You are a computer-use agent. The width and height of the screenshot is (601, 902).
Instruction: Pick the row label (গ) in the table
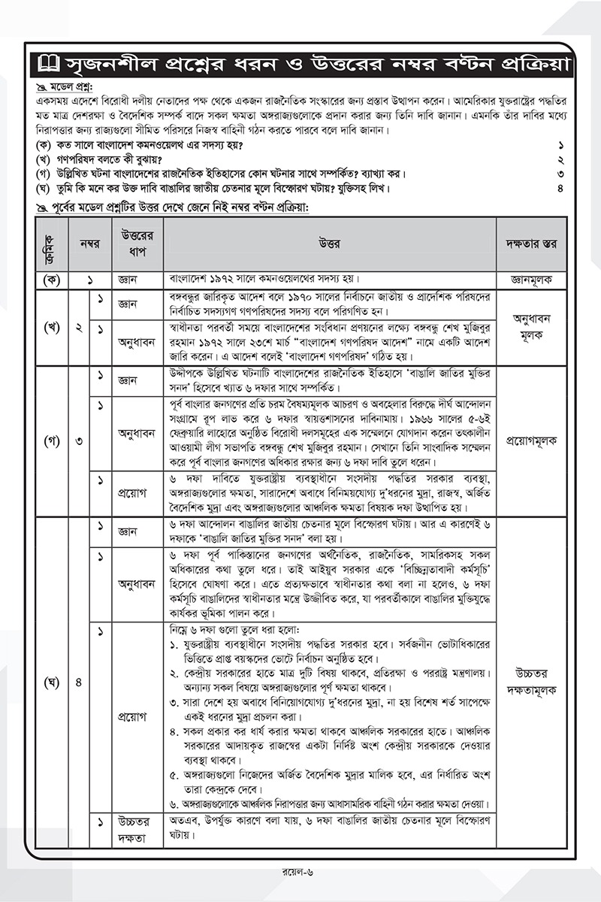pyautogui.click(x=51, y=440)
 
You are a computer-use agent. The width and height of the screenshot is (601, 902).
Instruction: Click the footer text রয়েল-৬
pyautogui.click(x=300, y=873)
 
